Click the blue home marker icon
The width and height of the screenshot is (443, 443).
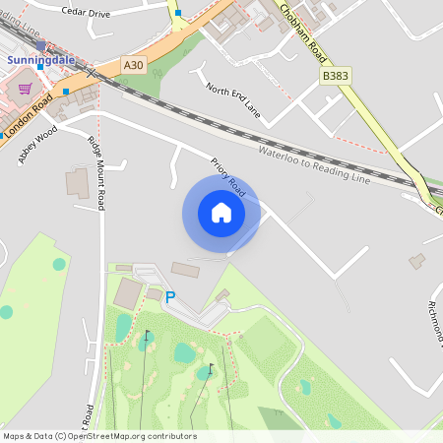tap(221, 213)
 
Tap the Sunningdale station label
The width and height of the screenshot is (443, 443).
tap(40, 59)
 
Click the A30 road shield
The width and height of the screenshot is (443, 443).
tap(133, 64)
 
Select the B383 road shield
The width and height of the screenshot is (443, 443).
tap(336, 75)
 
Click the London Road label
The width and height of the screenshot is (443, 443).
tap(28, 113)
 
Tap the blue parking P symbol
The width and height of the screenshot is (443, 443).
tap(169, 296)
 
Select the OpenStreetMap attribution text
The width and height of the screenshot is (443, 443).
tap(98, 435)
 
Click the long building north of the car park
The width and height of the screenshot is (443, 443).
tap(185, 269)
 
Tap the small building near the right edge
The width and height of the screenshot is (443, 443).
tap(417, 261)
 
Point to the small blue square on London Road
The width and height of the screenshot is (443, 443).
tap(66, 92)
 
